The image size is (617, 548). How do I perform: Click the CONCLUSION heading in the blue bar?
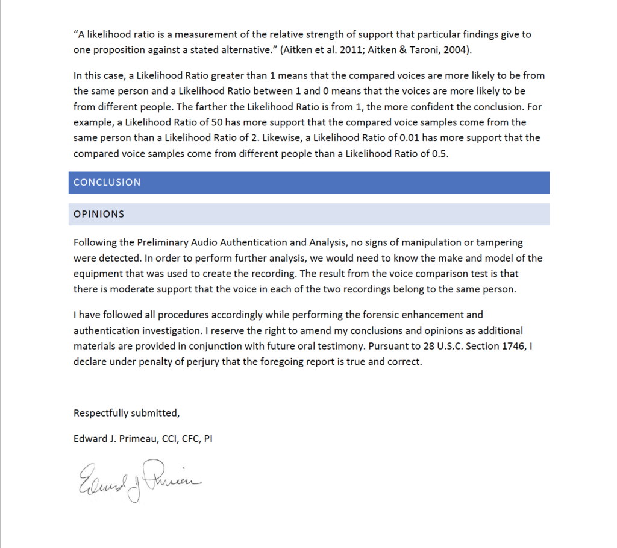[107, 182]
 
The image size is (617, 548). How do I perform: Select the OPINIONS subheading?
[99, 214]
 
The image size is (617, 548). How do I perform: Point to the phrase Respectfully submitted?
[127, 413]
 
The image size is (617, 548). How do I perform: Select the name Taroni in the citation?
[422, 50]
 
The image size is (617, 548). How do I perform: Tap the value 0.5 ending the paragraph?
[440, 153]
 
